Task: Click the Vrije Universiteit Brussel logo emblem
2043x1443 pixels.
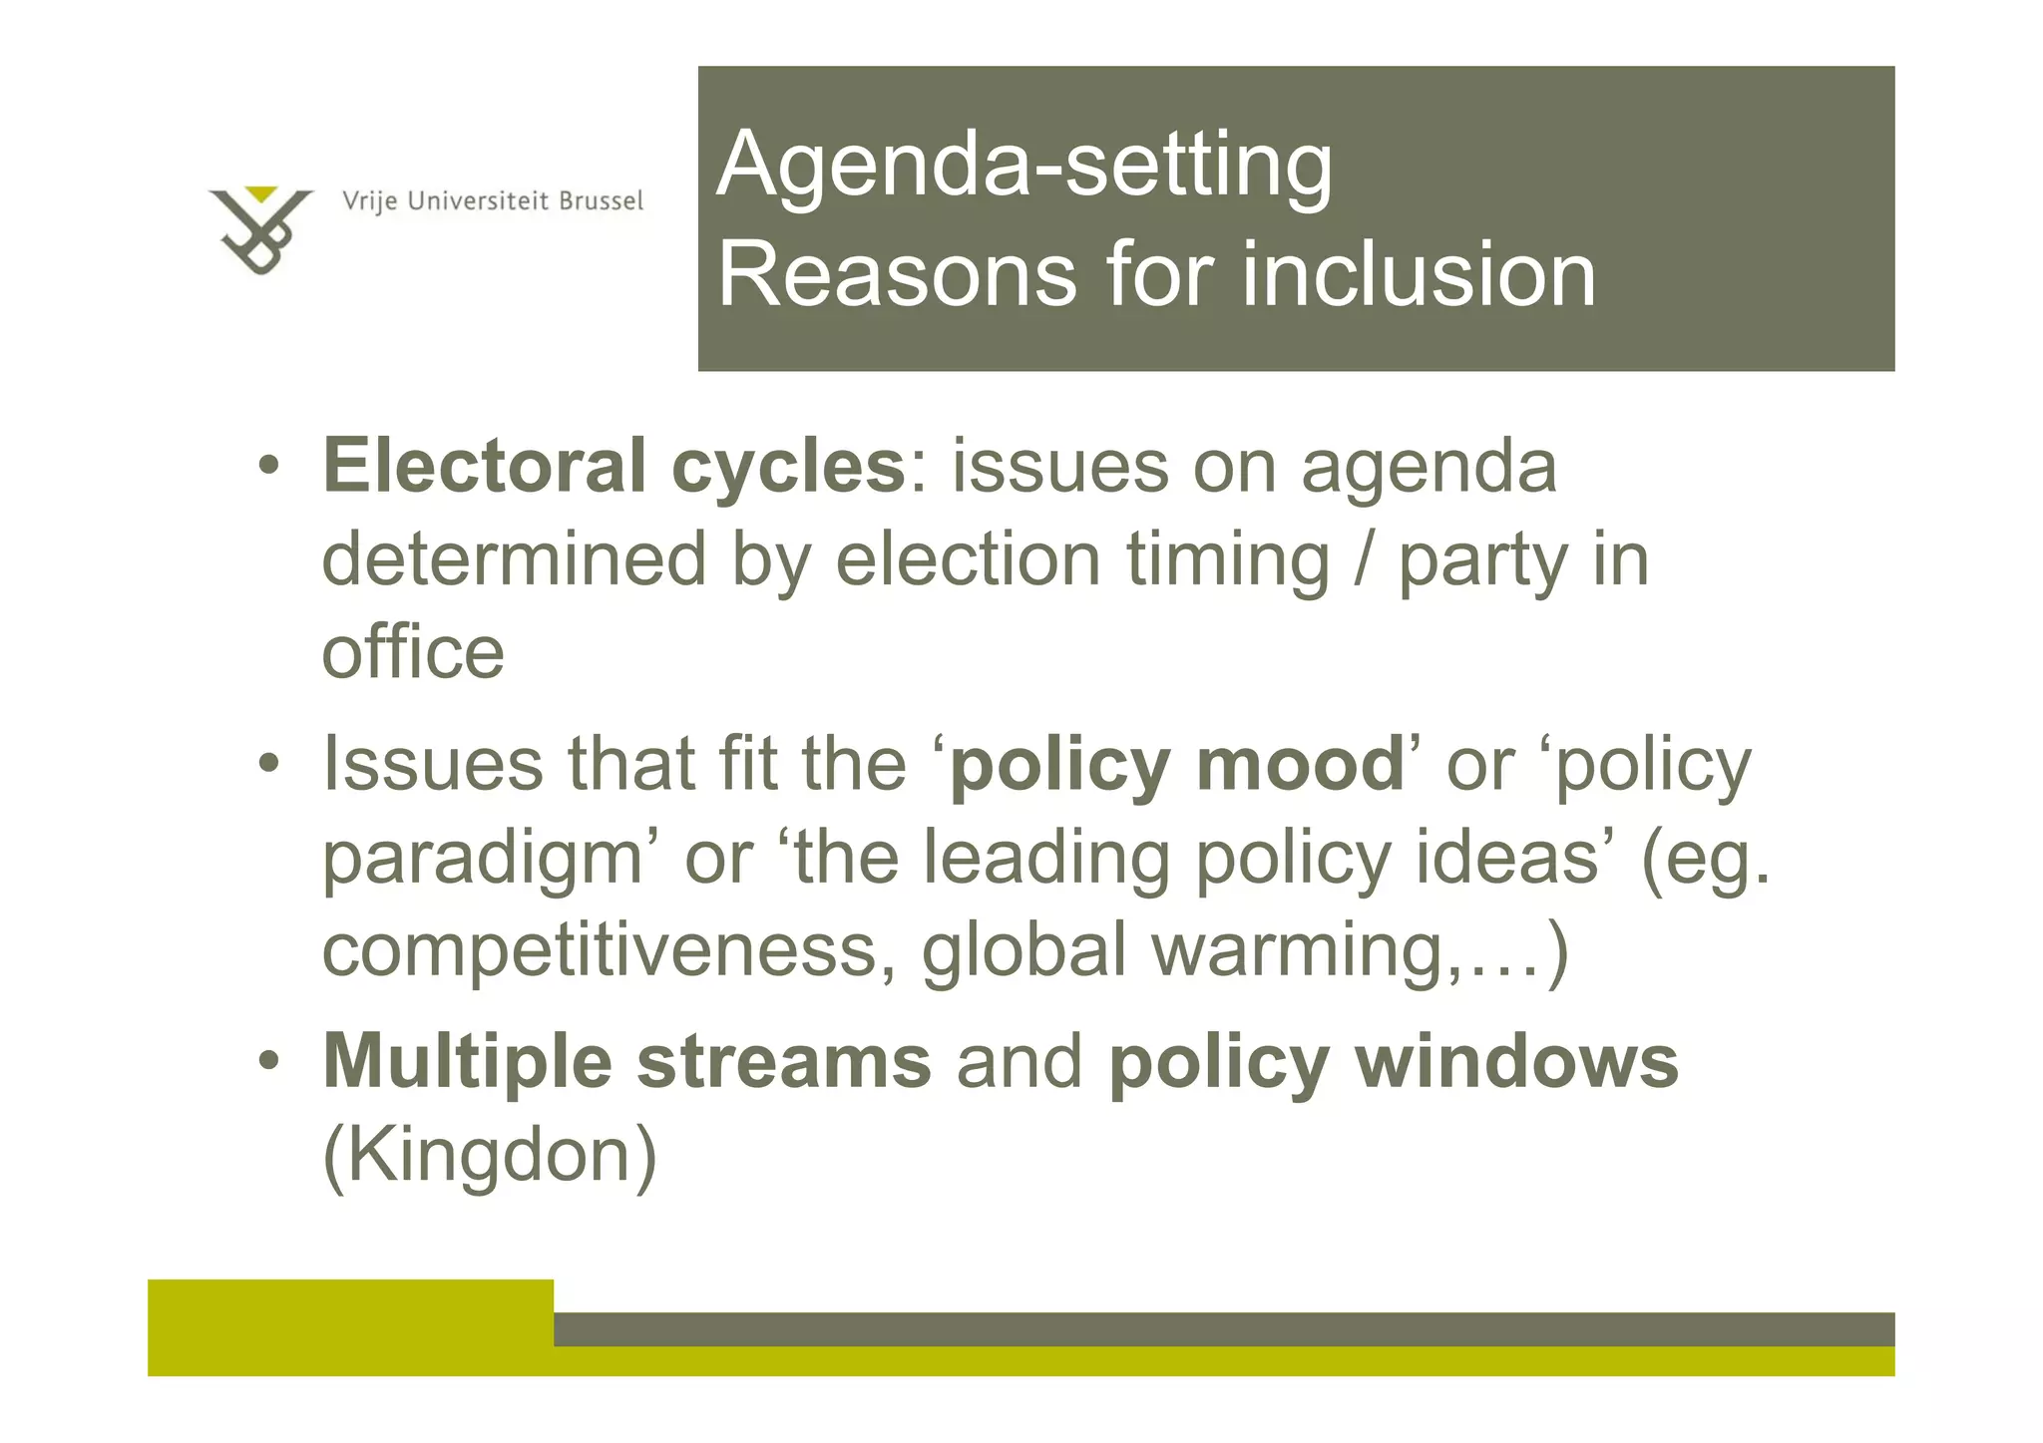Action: pos(260,229)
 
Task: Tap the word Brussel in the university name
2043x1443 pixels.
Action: pos(601,201)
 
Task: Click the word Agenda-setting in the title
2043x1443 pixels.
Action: pos(1024,165)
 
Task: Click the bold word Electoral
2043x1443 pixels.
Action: pos(485,466)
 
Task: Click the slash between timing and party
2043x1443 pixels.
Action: pos(1364,560)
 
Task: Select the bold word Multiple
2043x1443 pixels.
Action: pos(467,1062)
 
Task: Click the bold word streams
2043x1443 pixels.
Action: pos(784,1062)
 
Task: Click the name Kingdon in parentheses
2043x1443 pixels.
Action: pos(490,1155)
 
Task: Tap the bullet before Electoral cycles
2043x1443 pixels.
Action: pos(267,466)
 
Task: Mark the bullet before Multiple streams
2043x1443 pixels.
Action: pos(267,1061)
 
